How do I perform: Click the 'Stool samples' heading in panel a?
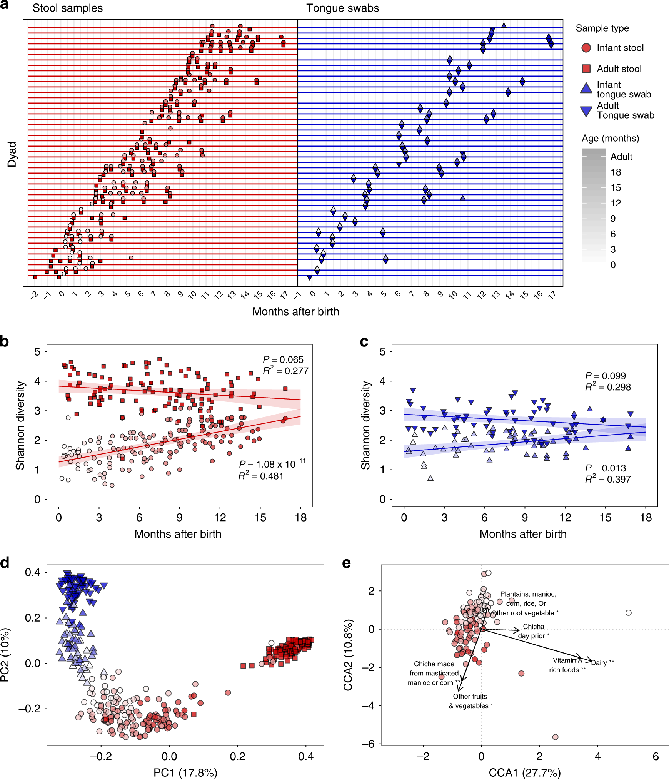coord(67,8)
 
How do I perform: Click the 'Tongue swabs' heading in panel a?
coord(342,8)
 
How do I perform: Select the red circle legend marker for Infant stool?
coord(586,48)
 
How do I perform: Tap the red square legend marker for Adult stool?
coord(586,69)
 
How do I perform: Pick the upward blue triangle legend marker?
coord(586,88)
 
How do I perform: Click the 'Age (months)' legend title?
coord(610,138)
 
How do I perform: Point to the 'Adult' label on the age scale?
coord(621,157)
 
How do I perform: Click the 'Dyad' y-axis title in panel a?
coord(12,154)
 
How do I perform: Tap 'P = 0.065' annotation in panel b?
coord(283,359)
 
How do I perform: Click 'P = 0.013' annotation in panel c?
coord(606,468)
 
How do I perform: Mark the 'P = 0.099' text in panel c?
coord(606,376)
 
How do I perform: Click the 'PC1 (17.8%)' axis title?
coord(185,772)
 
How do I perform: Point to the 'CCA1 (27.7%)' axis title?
coord(525,772)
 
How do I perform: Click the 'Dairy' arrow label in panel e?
coord(602,662)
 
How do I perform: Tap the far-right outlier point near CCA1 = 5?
coord(629,613)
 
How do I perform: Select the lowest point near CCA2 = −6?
coord(555,737)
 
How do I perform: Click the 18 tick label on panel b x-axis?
coord(301,518)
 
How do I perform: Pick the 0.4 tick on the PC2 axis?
coord(32,572)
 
